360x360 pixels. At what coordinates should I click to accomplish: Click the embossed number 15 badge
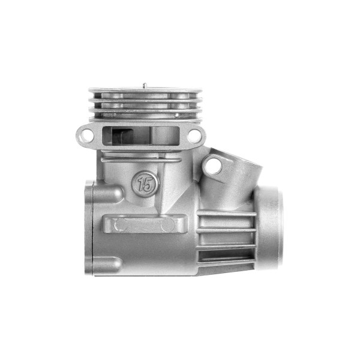coord(145,184)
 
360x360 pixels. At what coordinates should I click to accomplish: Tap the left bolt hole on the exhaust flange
coord(86,135)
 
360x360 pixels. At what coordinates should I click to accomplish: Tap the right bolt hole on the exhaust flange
coord(194,135)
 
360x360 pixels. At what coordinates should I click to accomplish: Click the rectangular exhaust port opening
coord(140,136)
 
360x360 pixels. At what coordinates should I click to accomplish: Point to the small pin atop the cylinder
coord(145,85)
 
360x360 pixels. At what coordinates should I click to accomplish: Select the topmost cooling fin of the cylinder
coord(145,90)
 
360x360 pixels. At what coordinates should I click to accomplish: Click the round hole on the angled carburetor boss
coord(214,166)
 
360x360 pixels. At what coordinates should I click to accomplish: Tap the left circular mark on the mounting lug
coord(121,225)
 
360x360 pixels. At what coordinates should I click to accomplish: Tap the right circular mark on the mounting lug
coord(167,225)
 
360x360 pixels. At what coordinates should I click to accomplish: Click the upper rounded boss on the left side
coord(108,192)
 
